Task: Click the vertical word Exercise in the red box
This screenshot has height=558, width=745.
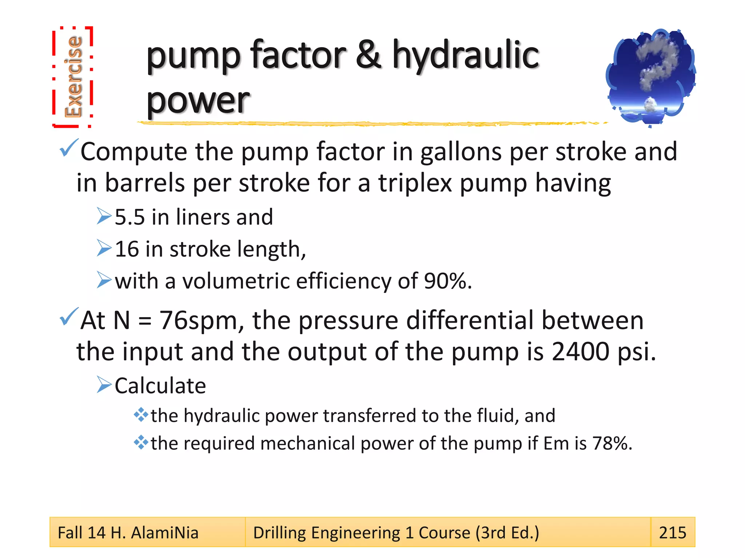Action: tap(73, 77)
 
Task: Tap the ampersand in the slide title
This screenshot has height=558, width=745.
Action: tap(368, 55)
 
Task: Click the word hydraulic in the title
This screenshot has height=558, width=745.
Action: tap(465, 55)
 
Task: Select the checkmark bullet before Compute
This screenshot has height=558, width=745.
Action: tap(69, 148)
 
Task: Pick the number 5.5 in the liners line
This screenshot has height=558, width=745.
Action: tap(130, 217)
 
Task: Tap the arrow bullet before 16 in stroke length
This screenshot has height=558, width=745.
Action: tap(104, 248)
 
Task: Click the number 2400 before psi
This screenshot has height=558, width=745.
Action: tap(580, 352)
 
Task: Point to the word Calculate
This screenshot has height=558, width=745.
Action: tap(160, 386)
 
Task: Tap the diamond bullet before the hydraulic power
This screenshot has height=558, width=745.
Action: tap(141, 415)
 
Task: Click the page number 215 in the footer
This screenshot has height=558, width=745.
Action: tap(672, 533)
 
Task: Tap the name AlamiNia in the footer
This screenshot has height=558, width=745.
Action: tap(164, 533)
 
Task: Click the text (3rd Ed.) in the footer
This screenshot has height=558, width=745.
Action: tap(507, 533)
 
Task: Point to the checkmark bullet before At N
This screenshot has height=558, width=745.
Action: tap(69, 316)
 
